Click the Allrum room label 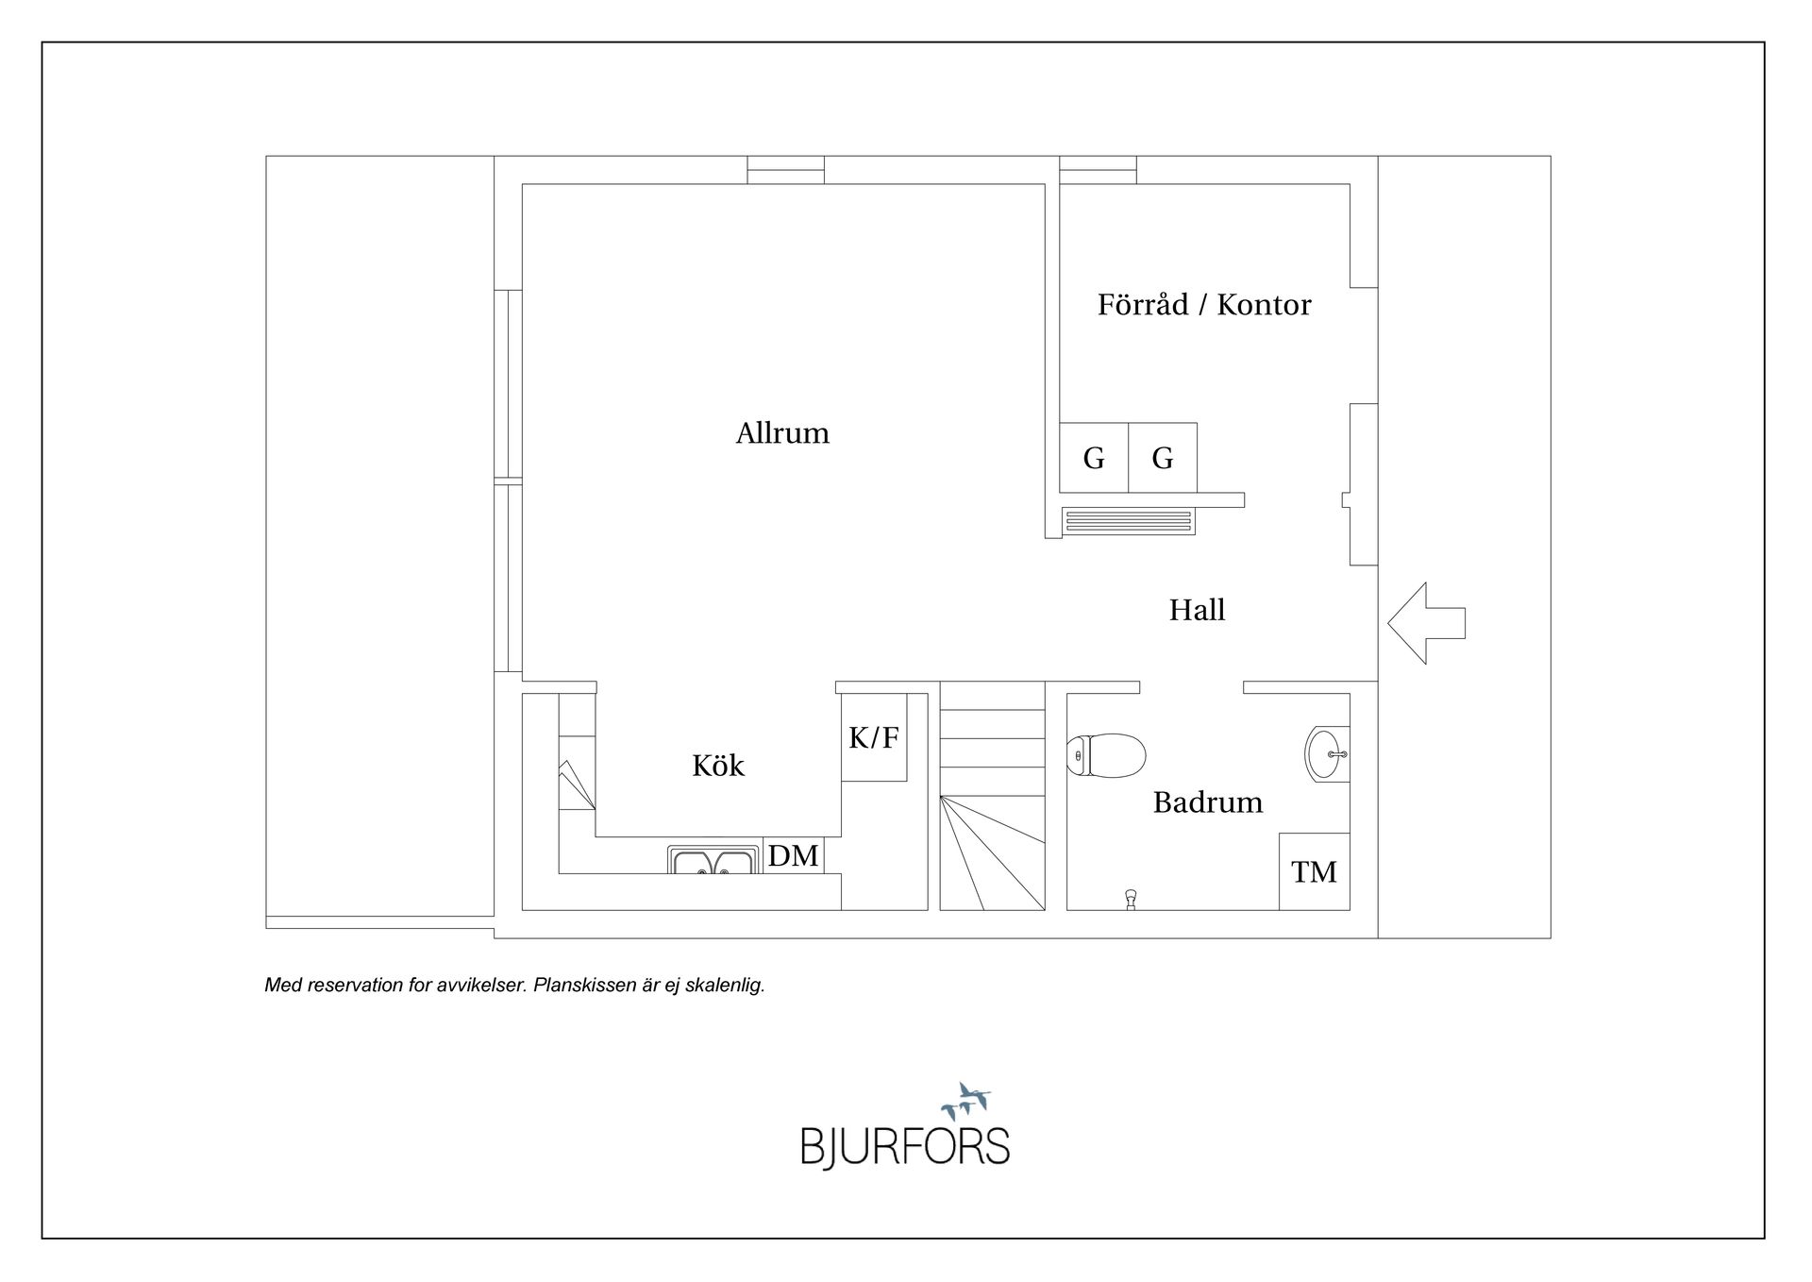[782, 433]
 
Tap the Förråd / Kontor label [1203, 305]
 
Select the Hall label [1197, 610]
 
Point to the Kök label [718, 766]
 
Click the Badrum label [1207, 802]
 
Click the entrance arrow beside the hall [1424, 623]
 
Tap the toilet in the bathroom [1106, 755]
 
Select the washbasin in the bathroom [1326, 754]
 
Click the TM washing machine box [1314, 871]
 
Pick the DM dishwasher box [793, 855]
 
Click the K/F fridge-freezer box [874, 737]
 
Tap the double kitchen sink [713, 860]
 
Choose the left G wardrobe [1094, 458]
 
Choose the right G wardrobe [1163, 458]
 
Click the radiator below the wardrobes [1128, 521]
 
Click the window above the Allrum [785, 170]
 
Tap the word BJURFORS [904, 1147]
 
